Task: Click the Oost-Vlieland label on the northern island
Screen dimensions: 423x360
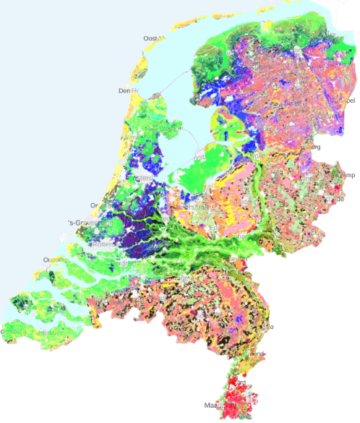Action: pos(155,38)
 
